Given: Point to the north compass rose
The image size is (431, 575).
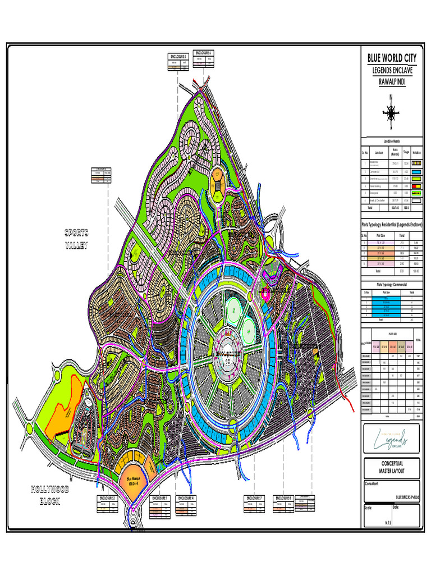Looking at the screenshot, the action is (390, 112).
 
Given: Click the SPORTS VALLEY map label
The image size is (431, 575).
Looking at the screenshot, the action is (77, 239).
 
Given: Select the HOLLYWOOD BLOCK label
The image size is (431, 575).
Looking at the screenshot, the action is (50, 495).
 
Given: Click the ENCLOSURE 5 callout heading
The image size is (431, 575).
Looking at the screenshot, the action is (177, 57).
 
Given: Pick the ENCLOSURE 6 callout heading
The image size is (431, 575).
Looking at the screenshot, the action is (203, 53).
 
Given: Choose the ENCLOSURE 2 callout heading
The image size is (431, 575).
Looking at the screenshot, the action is (107, 498).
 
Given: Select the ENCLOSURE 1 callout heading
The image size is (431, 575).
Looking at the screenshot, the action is (160, 498).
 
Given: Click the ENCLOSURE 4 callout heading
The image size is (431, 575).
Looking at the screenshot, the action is (186, 498).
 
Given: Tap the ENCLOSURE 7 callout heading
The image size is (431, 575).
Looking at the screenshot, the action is (254, 498).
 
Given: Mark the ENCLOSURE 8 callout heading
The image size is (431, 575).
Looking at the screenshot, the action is (283, 498).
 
